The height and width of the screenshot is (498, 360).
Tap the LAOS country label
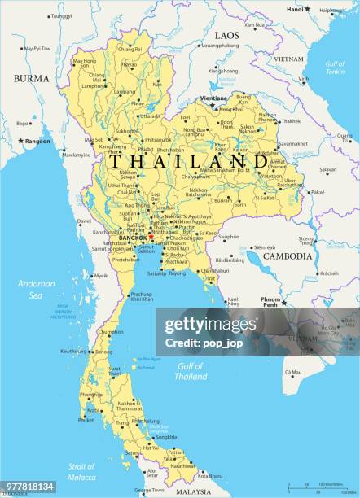tap(226, 36)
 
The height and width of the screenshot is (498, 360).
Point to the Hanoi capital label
tap(294, 9)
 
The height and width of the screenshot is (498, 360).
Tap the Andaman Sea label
tap(37, 289)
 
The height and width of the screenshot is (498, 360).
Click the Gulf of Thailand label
tap(191, 372)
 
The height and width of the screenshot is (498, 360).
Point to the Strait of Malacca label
tap(82, 471)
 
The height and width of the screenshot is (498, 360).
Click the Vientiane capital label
tap(213, 98)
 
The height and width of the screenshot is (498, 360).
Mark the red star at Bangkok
tap(129, 238)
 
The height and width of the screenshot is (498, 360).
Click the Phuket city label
tap(86, 420)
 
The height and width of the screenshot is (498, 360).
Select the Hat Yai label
tap(151, 447)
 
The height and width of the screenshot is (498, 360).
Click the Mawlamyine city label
tap(77, 155)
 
